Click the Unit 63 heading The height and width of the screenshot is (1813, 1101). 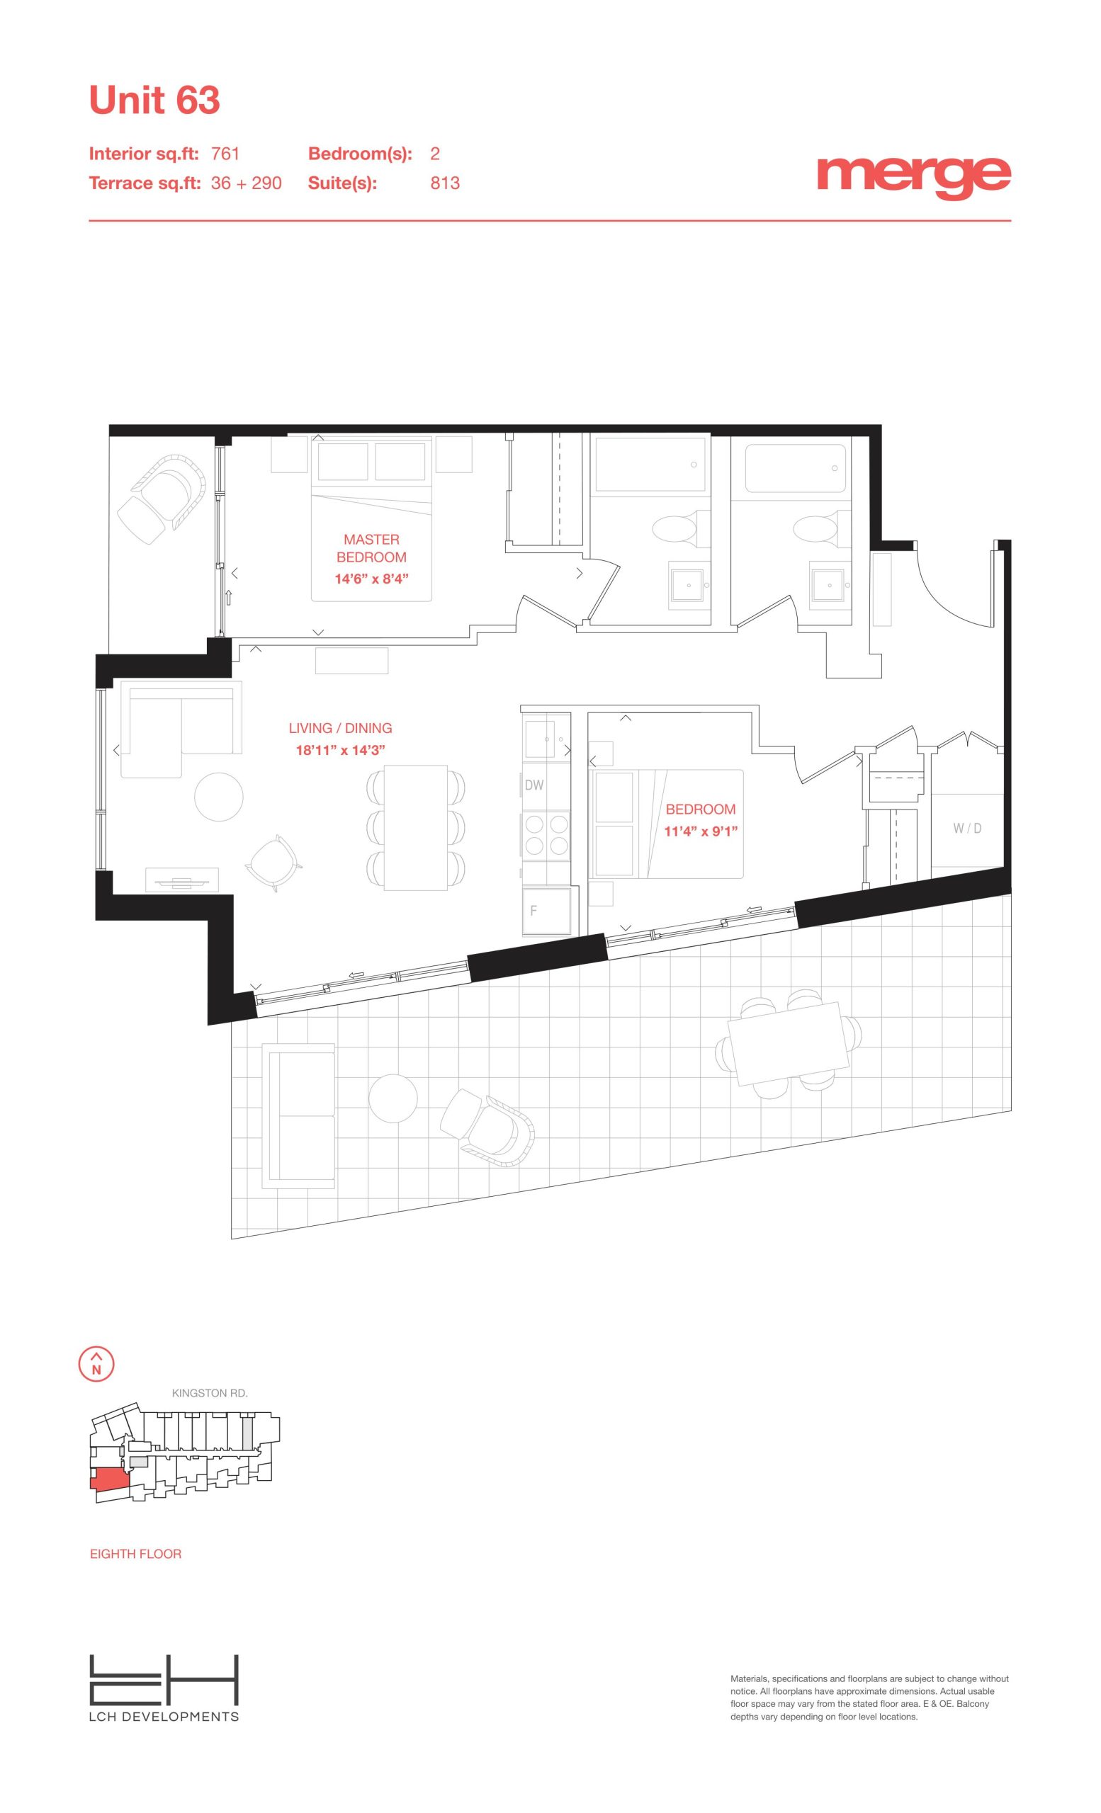[x=154, y=100]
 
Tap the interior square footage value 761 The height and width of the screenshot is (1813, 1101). [x=225, y=154]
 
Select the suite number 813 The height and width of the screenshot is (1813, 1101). [x=445, y=183]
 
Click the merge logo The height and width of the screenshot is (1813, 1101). [x=913, y=177]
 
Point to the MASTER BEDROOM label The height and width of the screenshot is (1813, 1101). [x=372, y=548]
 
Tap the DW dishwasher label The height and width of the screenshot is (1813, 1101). [x=534, y=785]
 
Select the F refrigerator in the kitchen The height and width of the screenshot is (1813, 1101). [x=547, y=911]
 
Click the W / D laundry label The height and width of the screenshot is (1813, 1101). [x=967, y=829]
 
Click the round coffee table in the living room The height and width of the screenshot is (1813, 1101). [x=219, y=796]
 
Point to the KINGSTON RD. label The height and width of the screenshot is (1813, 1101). [x=210, y=1393]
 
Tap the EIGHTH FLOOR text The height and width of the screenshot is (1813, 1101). [x=135, y=1553]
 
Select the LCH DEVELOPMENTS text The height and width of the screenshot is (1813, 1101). [x=164, y=1716]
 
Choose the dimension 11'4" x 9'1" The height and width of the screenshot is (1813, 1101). [x=701, y=831]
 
